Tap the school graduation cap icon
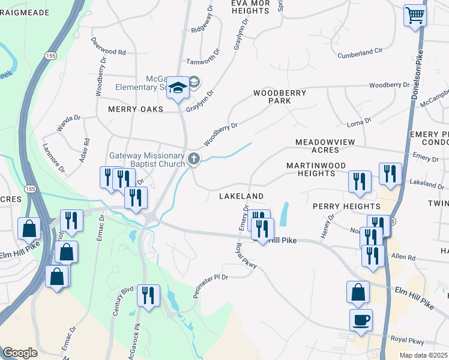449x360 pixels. tap(178, 88)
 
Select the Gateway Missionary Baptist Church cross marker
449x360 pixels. tap(193, 158)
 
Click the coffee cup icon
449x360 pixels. tap(361, 320)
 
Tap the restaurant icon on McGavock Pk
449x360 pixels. tap(148, 295)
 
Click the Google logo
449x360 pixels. tap(20, 353)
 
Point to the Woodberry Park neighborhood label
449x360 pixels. tap(279, 97)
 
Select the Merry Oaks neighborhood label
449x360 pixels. tap(136, 109)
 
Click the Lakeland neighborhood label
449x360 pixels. tap(241, 196)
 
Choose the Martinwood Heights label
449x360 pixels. tap(310, 169)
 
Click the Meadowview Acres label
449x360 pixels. tap(325, 146)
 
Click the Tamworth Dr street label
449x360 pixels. tap(200, 61)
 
